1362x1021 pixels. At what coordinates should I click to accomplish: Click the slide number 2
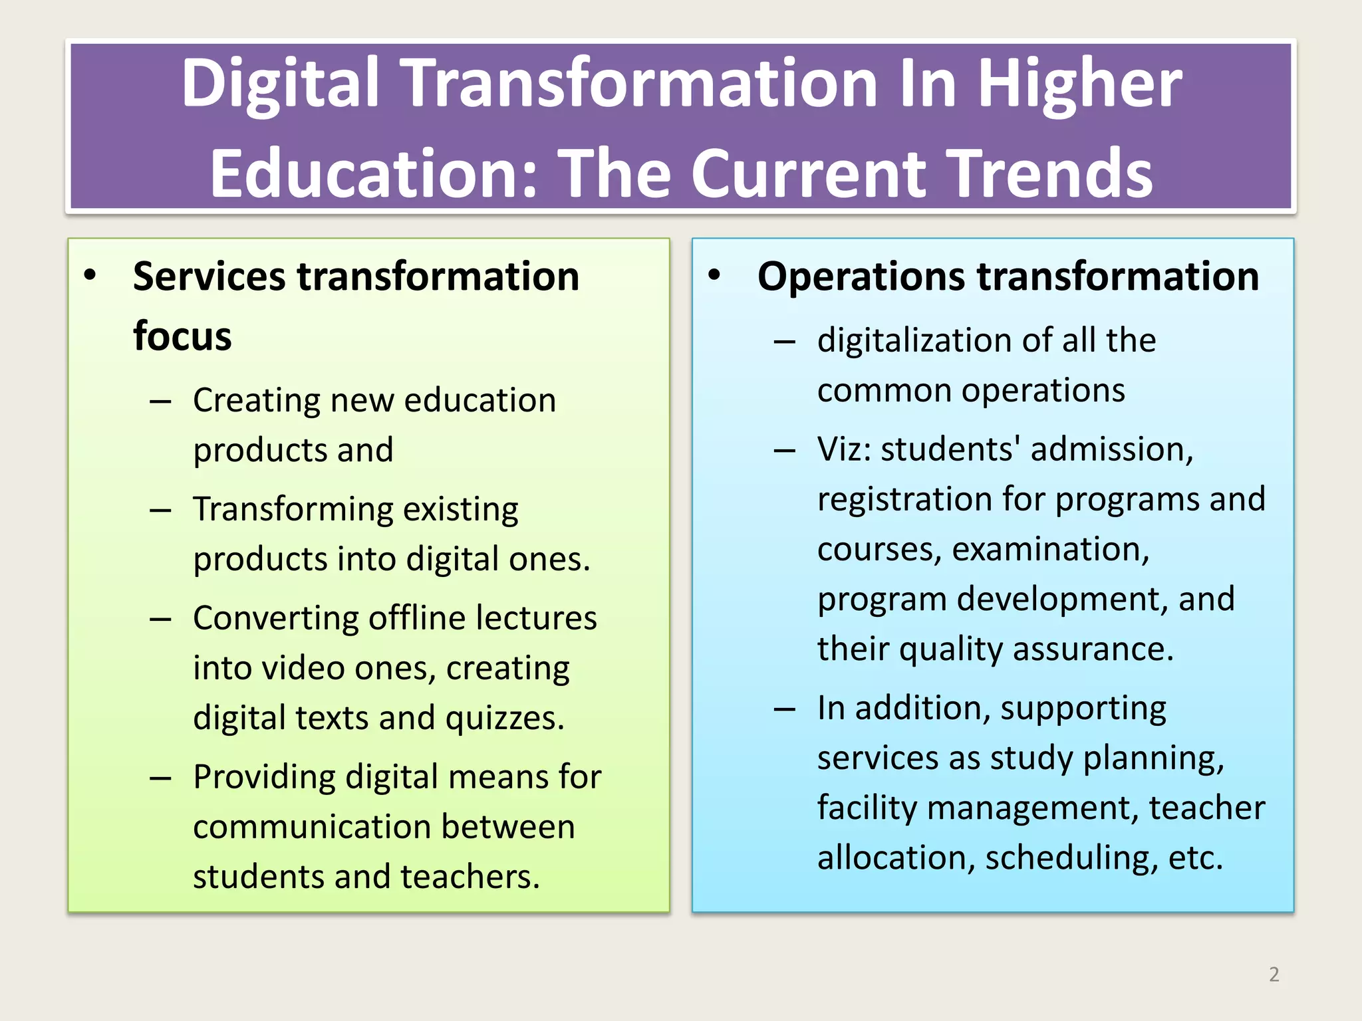coord(1274,974)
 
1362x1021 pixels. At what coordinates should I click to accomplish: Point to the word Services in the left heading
coord(209,277)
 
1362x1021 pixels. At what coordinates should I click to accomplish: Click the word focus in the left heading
coord(182,336)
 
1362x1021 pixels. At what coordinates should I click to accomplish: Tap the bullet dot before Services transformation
coord(90,275)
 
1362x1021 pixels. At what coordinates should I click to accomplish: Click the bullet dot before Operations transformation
coord(714,275)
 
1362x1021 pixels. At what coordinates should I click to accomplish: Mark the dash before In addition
coord(785,709)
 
